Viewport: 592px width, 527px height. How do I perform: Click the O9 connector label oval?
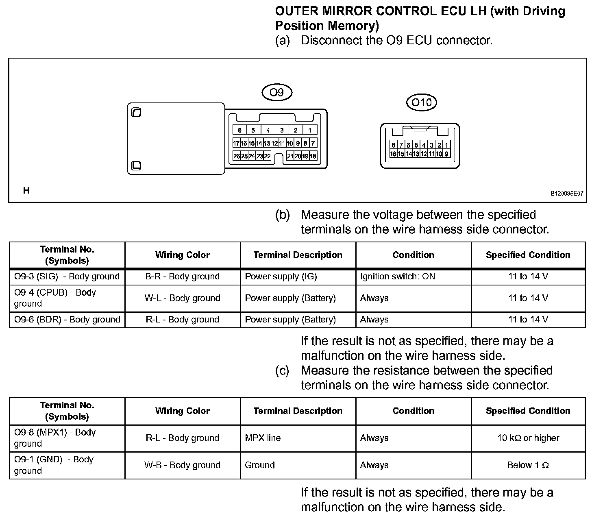click(277, 93)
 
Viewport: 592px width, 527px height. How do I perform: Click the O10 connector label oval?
click(422, 102)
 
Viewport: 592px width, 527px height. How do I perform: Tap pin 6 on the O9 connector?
click(240, 130)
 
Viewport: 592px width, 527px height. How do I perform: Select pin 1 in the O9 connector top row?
click(310, 130)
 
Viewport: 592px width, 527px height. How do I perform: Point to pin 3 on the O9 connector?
click(282, 130)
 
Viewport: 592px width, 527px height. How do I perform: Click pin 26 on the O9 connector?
click(237, 156)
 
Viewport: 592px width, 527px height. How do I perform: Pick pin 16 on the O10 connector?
click(393, 154)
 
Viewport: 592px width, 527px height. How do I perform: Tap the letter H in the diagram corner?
click(26, 190)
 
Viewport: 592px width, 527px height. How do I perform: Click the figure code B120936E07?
click(567, 194)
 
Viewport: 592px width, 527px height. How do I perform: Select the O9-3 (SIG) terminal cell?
click(67, 277)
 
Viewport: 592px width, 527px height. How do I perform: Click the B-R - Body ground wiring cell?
click(183, 277)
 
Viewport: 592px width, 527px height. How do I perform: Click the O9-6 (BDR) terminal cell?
click(67, 320)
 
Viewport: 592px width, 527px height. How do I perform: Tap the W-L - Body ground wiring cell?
click(183, 298)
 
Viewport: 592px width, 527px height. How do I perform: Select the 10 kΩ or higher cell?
click(528, 438)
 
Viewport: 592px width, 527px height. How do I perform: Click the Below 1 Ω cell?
click(528, 465)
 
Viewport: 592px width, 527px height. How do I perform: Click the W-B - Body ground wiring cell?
click(183, 465)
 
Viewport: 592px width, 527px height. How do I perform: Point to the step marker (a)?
click(283, 41)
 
